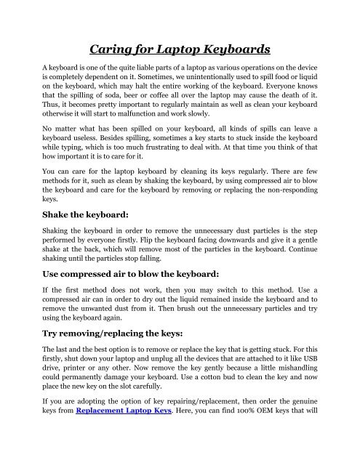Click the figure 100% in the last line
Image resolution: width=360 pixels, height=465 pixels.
tap(238, 450)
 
